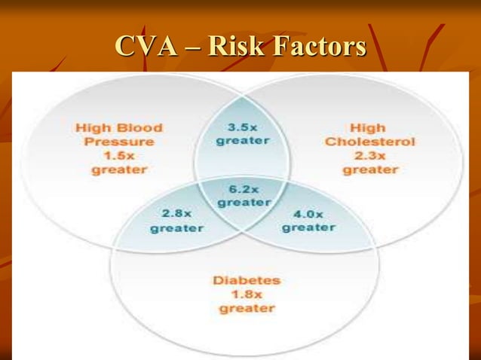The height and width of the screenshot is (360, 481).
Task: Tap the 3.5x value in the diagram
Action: [x=242, y=127]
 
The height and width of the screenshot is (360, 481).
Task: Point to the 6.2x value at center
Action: [x=244, y=189]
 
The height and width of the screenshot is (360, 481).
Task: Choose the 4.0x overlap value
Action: [x=308, y=214]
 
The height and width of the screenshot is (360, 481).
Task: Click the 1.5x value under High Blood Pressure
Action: [x=119, y=155]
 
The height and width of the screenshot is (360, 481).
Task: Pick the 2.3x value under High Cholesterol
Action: [x=370, y=155]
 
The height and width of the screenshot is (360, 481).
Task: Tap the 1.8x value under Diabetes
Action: [x=247, y=294]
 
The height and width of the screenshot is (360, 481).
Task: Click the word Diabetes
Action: [x=247, y=280]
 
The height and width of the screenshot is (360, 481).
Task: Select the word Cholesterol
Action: [x=370, y=142]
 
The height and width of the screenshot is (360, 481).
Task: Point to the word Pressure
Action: [x=119, y=141]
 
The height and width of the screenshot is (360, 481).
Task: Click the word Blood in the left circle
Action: [x=143, y=127]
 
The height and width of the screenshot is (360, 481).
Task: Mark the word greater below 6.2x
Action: [x=244, y=203]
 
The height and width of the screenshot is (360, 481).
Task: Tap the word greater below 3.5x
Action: [x=242, y=140]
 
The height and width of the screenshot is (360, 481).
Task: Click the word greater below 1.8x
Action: [x=247, y=308]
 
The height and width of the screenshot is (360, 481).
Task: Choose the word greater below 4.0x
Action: [x=308, y=227]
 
